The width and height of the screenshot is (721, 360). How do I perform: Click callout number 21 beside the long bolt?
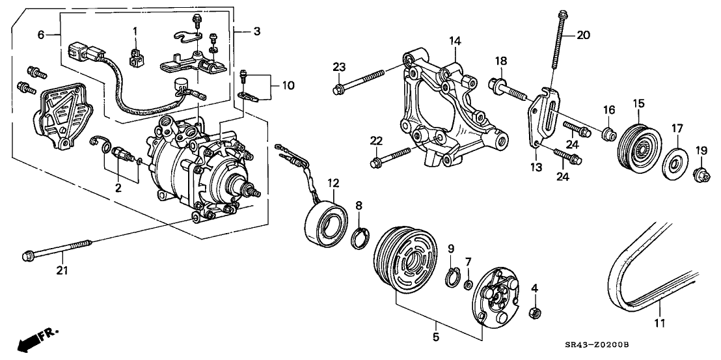(x=62, y=269)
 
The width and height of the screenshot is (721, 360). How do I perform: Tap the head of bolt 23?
(x=338, y=89)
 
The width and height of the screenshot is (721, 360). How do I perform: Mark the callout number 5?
(x=435, y=337)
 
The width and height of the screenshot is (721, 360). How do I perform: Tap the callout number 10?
(x=287, y=86)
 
